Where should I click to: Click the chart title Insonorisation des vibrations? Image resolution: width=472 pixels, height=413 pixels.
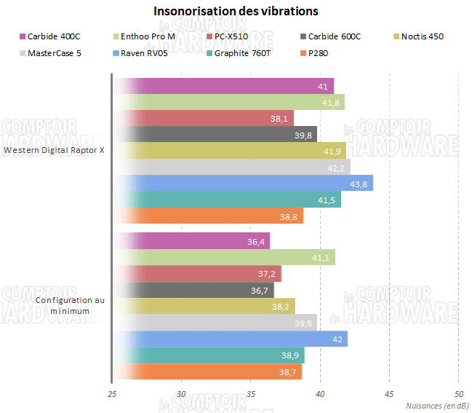(x=236, y=12)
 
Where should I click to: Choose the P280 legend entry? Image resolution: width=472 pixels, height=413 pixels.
(x=319, y=53)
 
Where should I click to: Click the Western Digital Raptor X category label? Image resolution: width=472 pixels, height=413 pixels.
(x=55, y=151)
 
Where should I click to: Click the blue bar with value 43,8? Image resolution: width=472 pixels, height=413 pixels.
(x=243, y=183)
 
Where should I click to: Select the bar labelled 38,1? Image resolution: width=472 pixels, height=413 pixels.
(x=203, y=118)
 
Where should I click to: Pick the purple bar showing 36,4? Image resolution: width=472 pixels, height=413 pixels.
(x=191, y=240)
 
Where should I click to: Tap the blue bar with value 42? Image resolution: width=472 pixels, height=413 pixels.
(x=230, y=339)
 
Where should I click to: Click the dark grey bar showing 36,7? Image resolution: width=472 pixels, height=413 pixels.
(x=193, y=290)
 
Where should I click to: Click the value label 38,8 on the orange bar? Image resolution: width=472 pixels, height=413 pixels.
(x=292, y=216)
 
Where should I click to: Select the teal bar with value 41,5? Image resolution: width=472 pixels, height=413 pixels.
(x=227, y=200)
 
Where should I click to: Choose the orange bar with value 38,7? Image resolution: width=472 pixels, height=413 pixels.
(x=207, y=371)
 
